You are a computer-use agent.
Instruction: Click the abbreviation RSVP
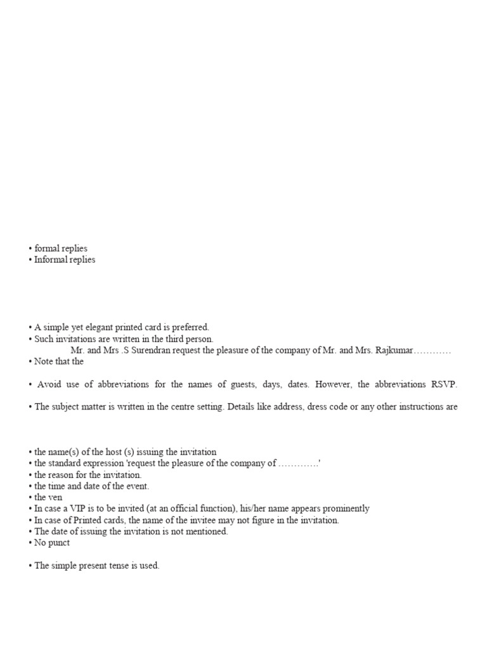[x=443, y=385]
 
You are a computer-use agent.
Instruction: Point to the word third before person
[x=172, y=339]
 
